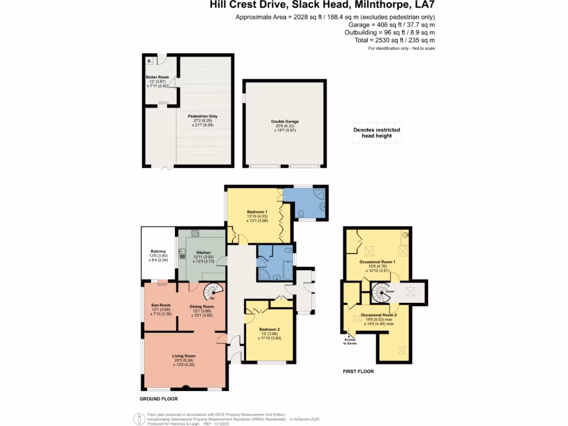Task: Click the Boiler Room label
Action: [157, 77]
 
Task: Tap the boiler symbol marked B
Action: [149, 61]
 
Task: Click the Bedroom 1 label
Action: [257, 212]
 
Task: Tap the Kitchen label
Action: [203, 252]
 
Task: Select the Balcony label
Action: [158, 251]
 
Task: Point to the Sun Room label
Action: [161, 305]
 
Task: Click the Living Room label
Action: [183, 356]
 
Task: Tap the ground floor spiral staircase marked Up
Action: [211, 291]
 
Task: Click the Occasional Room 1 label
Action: [377, 261]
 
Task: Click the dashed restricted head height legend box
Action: [377, 133]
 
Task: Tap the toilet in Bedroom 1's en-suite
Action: [300, 214]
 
